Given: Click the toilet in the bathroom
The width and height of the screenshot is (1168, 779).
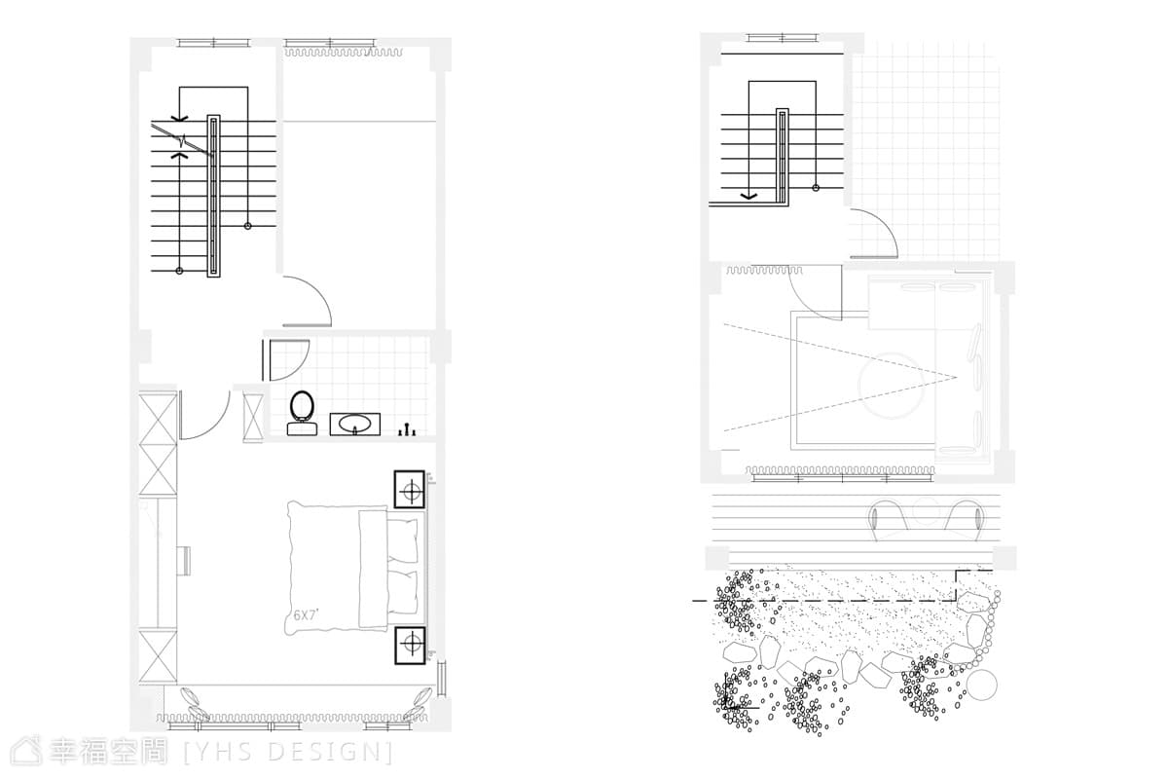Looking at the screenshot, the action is [302, 413].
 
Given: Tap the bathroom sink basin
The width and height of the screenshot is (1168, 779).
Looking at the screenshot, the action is [355, 425].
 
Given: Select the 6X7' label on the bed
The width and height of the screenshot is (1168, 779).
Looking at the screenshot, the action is [306, 615].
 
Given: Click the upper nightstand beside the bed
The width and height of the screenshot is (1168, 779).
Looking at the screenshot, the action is [410, 490].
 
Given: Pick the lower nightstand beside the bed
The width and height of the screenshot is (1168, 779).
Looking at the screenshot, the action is [410, 646].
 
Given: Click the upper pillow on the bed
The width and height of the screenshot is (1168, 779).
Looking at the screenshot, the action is [403, 540].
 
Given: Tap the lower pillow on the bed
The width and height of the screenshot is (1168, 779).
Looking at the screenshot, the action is [403, 593].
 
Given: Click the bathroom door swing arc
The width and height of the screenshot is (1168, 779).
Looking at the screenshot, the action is [295, 368].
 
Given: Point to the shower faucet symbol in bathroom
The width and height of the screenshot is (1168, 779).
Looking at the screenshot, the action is [407, 430].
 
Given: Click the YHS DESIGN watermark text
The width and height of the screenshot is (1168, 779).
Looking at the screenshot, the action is [288, 752].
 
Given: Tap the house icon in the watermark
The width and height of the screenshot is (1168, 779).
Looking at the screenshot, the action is [26, 752].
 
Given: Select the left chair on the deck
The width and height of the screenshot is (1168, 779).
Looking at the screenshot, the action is [887, 519].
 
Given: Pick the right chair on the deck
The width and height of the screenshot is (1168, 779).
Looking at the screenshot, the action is [965, 519].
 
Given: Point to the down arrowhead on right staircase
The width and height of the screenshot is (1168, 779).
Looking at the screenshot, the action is [748, 196].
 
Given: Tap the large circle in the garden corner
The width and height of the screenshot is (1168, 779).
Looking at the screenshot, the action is [981, 684].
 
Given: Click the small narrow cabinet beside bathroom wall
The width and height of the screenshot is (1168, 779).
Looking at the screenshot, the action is [253, 419].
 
